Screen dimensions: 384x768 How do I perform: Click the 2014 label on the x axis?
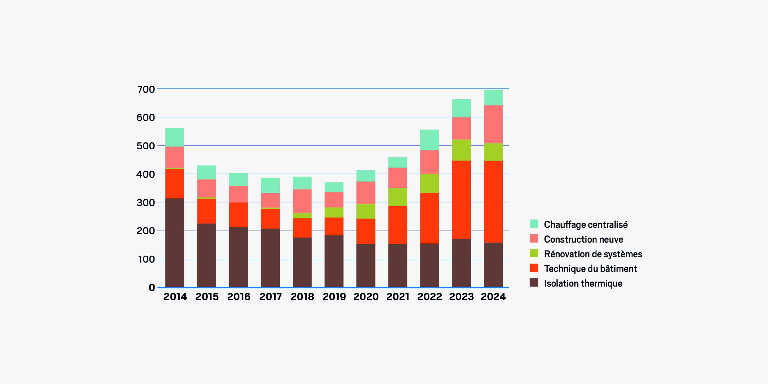(175, 297)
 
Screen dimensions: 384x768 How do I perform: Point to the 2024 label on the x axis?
(493, 297)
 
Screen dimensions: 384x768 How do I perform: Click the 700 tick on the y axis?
(146, 89)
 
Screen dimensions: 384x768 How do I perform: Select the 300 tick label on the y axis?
(146, 203)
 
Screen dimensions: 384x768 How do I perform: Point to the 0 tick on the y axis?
(152, 288)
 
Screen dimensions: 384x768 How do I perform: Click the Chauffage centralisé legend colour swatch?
(534, 224)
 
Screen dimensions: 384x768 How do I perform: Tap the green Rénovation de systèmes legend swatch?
(534, 253)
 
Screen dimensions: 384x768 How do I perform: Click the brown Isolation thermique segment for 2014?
(175, 243)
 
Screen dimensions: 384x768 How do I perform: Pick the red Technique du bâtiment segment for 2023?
(461, 199)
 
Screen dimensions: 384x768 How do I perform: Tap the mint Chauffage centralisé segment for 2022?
(429, 140)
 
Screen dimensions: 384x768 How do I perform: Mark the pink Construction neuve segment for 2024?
(493, 124)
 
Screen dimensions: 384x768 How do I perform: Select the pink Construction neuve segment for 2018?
(302, 201)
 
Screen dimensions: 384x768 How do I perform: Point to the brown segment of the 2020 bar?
(366, 265)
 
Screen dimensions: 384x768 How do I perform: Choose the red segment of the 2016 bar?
(238, 215)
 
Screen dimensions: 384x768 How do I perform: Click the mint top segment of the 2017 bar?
(270, 185)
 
